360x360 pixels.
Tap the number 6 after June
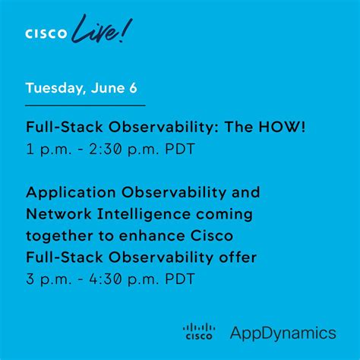coord(133,88)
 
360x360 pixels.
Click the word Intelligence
coord(149,213)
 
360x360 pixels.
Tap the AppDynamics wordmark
coord(283,332)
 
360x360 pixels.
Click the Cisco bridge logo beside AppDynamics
coord(199,330)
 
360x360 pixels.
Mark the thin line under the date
coord(85,105)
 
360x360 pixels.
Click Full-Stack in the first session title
coord(62,128)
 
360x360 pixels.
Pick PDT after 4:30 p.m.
coord(180,279)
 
